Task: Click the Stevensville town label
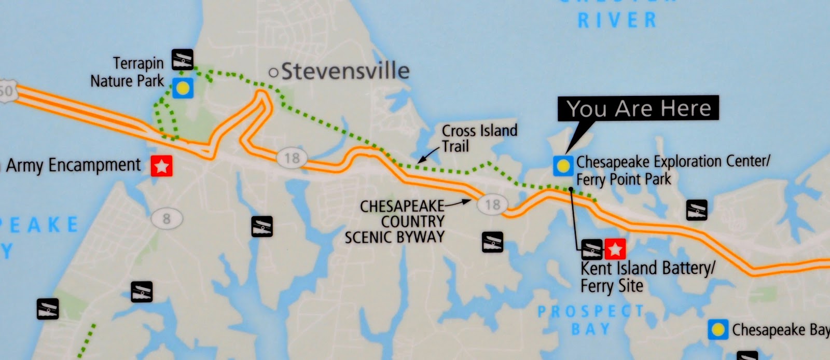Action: point(345,71)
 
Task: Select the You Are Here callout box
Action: point(638,108)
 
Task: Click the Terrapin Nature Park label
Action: point(127,72)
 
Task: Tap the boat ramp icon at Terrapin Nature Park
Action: point(182,59)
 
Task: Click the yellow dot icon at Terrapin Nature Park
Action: point(183,88)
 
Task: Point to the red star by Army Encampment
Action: point(161,167)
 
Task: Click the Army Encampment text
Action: point(73,165)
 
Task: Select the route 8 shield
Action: point(166,219)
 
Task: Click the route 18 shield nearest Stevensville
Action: point(292,158)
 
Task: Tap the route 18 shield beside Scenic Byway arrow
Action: point(492,204)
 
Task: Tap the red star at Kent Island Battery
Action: point(615,250)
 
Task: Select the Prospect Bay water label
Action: point(591,320)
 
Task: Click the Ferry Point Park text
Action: point(624,179)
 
